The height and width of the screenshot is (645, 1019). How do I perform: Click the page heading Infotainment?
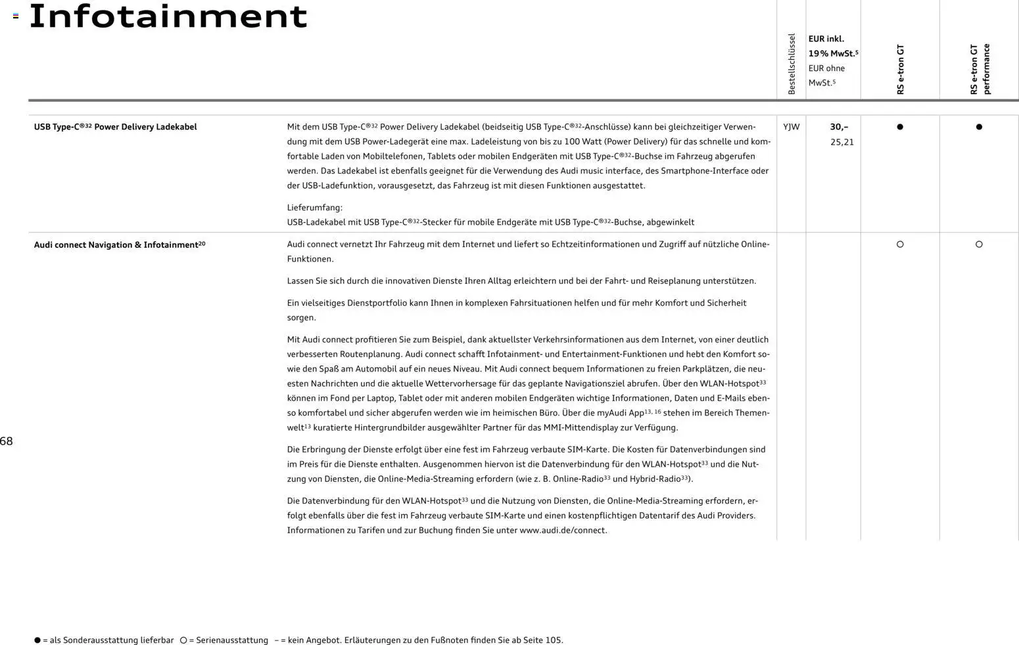point(168,16)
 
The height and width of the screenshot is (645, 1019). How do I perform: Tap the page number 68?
point(7,441)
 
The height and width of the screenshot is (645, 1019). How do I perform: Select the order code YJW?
point(792,127)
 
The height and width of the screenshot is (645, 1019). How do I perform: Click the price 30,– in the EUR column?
point(839,127)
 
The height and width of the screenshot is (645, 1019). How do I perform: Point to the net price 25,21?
point(841,142)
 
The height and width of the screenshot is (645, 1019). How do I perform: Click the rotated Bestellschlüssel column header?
point(792,64)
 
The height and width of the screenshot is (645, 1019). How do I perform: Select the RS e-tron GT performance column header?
point(980,69)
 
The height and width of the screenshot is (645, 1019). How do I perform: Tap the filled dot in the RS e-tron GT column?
point(900,127)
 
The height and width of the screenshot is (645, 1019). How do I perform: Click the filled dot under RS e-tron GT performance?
point(979,127)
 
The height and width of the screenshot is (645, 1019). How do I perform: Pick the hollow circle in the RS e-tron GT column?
point(900,245)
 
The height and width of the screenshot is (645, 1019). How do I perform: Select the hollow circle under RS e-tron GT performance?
point(979,245)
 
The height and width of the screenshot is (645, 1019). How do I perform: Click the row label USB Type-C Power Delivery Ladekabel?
point(115,127)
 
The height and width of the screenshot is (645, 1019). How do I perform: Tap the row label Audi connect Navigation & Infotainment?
point(119,245)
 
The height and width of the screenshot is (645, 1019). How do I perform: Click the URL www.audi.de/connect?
point(563,530)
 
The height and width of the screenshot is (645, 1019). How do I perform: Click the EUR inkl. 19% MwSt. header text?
point(833,46)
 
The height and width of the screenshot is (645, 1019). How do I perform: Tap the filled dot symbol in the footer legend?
point(37,640)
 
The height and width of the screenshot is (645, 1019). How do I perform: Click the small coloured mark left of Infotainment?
point(16,16)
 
